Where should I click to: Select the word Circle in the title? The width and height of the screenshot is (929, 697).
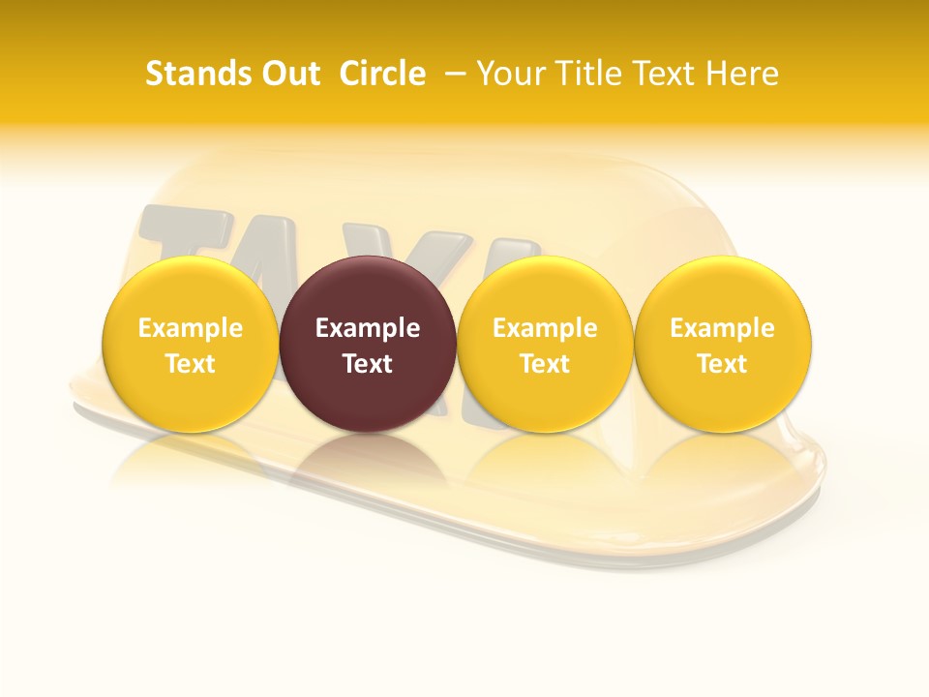382,74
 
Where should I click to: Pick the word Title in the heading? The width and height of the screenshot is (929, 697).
586,74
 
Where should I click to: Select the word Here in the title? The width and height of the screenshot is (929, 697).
745,74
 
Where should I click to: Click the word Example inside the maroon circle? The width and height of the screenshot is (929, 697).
368,328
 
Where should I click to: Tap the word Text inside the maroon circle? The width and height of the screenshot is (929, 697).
368,364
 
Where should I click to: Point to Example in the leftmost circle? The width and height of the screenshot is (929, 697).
191,328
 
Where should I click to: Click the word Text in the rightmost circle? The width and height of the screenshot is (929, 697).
723,364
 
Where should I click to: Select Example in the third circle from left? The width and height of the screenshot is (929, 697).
545,328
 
